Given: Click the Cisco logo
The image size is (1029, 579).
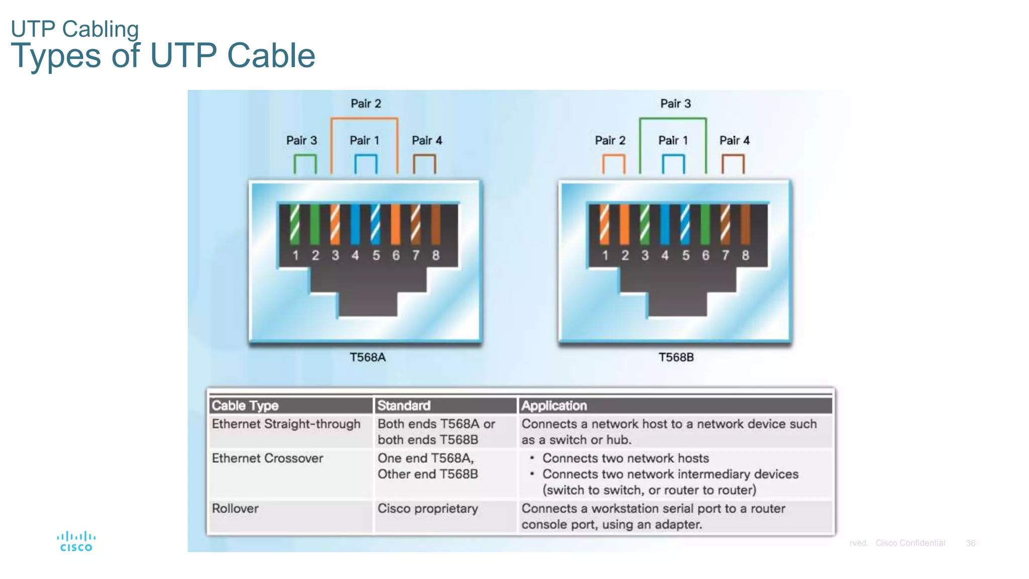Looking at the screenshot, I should tap(76, 542).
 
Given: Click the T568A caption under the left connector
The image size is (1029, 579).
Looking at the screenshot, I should tap(367, 357).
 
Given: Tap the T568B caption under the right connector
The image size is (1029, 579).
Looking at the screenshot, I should tap(676, 357).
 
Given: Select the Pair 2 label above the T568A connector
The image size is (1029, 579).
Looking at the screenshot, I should tap(366, 104).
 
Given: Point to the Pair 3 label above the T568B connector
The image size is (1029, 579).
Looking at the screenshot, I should tap(675, 104).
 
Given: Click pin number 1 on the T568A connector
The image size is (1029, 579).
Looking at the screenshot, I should tap(295, 255).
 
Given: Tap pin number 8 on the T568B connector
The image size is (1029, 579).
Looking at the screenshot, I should tap(745, 255).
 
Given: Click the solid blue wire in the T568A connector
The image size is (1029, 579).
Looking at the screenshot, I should tap(355, 224).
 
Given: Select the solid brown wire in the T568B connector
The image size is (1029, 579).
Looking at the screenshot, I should tap(745, 224).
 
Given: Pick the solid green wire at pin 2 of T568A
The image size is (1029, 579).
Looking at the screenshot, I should tap(315, 224).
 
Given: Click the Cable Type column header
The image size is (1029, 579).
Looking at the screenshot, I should tap(245, 406).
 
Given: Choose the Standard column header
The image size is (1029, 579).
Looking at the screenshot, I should tap(404, 406).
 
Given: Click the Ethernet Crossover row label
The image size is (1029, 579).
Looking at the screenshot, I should tap(267, 458).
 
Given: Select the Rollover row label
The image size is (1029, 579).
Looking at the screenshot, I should tap(235, 509).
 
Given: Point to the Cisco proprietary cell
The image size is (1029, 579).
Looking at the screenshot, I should tap(428, 509).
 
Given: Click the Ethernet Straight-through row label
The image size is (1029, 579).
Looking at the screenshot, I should tap(286, 424).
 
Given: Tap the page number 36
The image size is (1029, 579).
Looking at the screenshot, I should tap(970, 543).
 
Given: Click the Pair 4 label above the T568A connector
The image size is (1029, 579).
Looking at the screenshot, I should tap(427, 141).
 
